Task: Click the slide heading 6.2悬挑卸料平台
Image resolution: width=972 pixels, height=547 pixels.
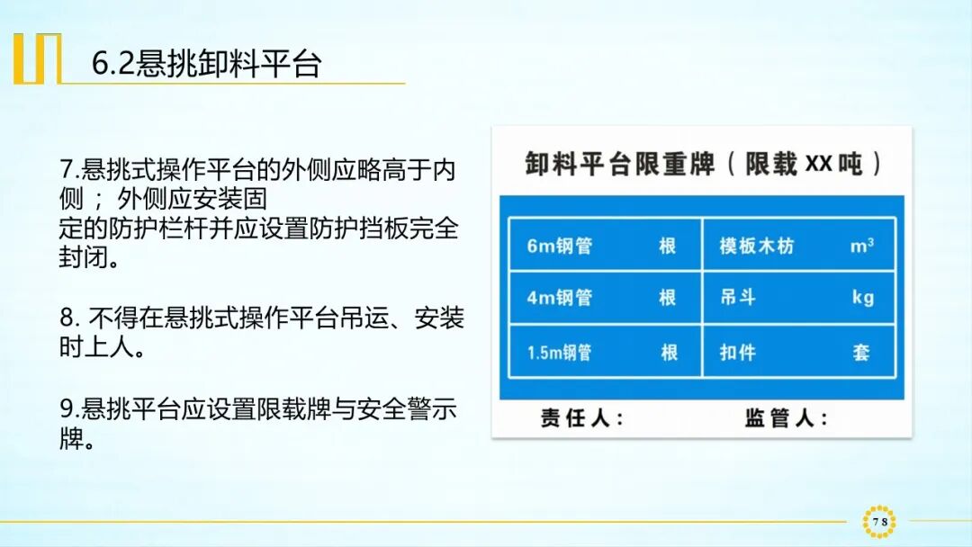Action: point(206,64)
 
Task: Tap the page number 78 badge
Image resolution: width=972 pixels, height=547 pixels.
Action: point(879,522)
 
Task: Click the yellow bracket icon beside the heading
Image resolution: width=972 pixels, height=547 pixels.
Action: point(37,58)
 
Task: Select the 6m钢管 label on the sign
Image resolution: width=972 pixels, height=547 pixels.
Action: point(559,246)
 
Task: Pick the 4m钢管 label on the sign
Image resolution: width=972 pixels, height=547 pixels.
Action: point(559,298)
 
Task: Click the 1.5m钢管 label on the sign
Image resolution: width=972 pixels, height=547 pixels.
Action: point(559,353)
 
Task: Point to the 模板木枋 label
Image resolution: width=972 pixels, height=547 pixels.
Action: point(756,246)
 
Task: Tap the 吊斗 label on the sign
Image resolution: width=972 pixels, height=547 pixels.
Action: point(737,298)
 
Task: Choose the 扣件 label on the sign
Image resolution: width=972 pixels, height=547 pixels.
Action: point(737,353)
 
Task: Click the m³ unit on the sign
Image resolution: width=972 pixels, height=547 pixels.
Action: point(862,246)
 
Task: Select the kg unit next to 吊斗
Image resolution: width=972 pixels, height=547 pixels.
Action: point(862,298)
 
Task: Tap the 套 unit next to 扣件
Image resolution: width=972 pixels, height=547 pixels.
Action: point(861,353)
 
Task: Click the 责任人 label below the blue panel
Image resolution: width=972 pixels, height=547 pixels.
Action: point(580,418)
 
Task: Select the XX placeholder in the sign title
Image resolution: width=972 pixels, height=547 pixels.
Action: point(819,164)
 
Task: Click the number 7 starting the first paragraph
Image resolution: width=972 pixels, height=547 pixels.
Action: point(66,169)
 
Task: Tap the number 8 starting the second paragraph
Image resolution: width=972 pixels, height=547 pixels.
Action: point(66,318)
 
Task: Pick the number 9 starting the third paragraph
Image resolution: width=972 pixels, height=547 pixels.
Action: point(66,409)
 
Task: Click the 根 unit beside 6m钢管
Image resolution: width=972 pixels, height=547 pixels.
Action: point(667,246)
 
